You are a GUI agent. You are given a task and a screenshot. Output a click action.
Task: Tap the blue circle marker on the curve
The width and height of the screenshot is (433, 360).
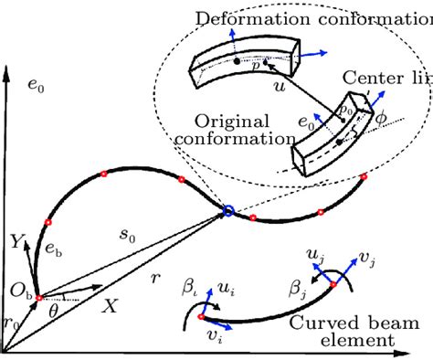pyautogui.click(x=227, y=212)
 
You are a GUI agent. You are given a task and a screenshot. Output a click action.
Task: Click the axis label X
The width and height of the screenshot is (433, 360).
pyautogui.click(x=109, y=308)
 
